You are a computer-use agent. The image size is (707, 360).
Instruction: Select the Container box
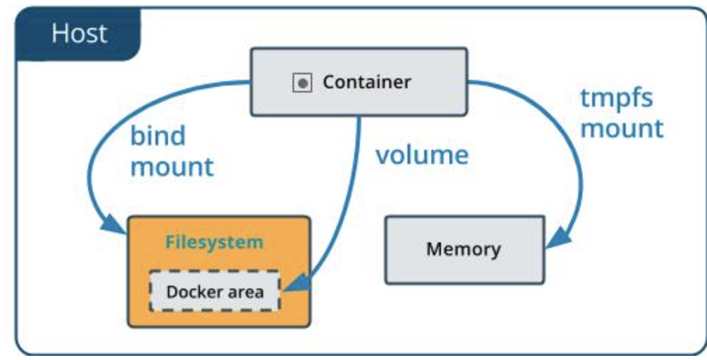[x=358, y=81]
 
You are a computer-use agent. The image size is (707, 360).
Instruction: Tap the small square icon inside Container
[x=302, y=83]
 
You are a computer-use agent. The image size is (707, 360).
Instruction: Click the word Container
[x=367, y=82]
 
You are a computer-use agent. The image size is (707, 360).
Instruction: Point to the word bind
[x=157, y=136]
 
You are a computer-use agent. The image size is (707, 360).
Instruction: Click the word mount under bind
[x=172, y=167]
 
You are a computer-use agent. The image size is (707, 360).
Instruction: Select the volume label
[x=421, y=155]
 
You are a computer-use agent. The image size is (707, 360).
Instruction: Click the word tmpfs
[x=616, y=97]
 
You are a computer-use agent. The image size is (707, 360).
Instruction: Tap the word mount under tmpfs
[x=622, y=128]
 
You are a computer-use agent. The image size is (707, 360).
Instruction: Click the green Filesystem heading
[x=214, y=242]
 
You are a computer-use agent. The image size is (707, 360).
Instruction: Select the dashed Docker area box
[x=215, y=291]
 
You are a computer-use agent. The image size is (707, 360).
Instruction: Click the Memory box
[x=464, y=249]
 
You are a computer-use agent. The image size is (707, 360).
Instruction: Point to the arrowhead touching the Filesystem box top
[x=115, y=226]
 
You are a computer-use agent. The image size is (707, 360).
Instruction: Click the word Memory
[x=463, y=249]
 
